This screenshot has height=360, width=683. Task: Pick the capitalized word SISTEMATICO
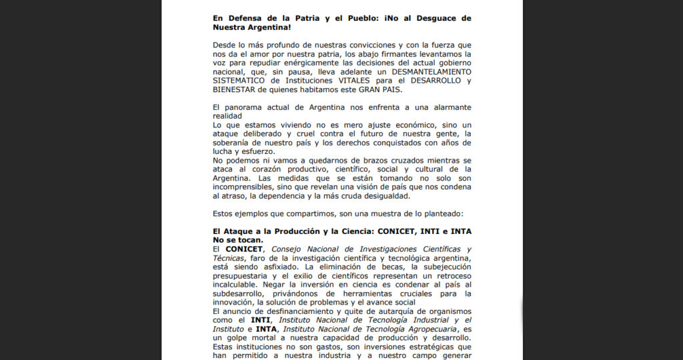click(x=241, y=81)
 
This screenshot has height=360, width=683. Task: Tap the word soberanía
click(x=233, y=143)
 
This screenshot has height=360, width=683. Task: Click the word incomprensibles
click(x=245, y=187)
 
